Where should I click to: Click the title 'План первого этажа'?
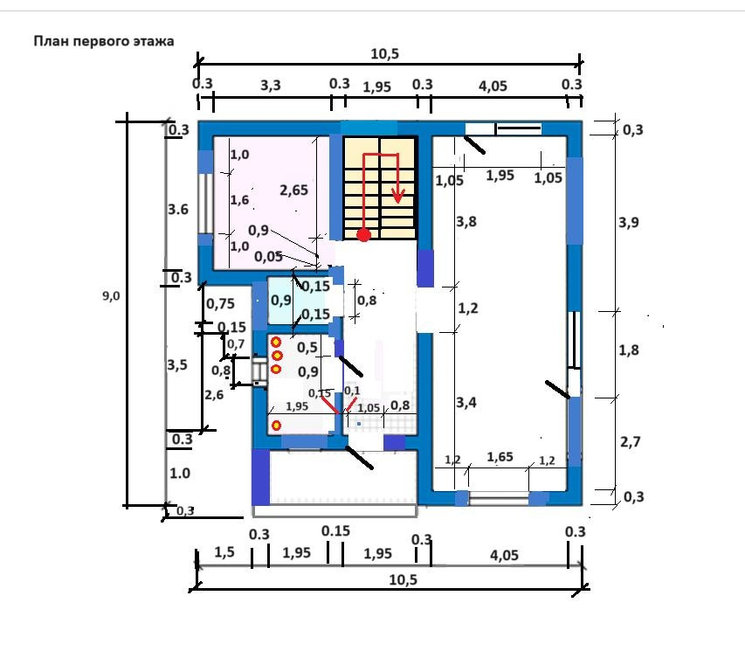click(x=104, y=41)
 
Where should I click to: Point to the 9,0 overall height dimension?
click(x=111, y=296)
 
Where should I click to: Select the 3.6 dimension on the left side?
click(x=178, y=210)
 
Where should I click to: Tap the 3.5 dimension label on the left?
click(x=177, y=365)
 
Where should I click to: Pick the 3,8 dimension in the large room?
click(x=466, y=222)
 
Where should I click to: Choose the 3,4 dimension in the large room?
click(x=466, y=403)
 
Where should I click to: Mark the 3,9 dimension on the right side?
click(x=628, y=222)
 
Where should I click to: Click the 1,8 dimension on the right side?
click(x=628, y=350)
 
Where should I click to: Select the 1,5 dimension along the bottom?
click(x=224, y=552)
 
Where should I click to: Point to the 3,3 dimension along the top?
click(x=272, y=86)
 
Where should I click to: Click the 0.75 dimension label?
click(x=220, y=304)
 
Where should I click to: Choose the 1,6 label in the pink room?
click(x=239, y=200)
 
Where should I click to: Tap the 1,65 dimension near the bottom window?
click(x=500, y=457)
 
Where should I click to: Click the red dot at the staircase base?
click(x=363, y=234)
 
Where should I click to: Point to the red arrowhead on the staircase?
click(x=398, y=198)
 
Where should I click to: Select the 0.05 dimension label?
click(x=269, y=257)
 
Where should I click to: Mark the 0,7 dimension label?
click(x=236, y=345)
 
